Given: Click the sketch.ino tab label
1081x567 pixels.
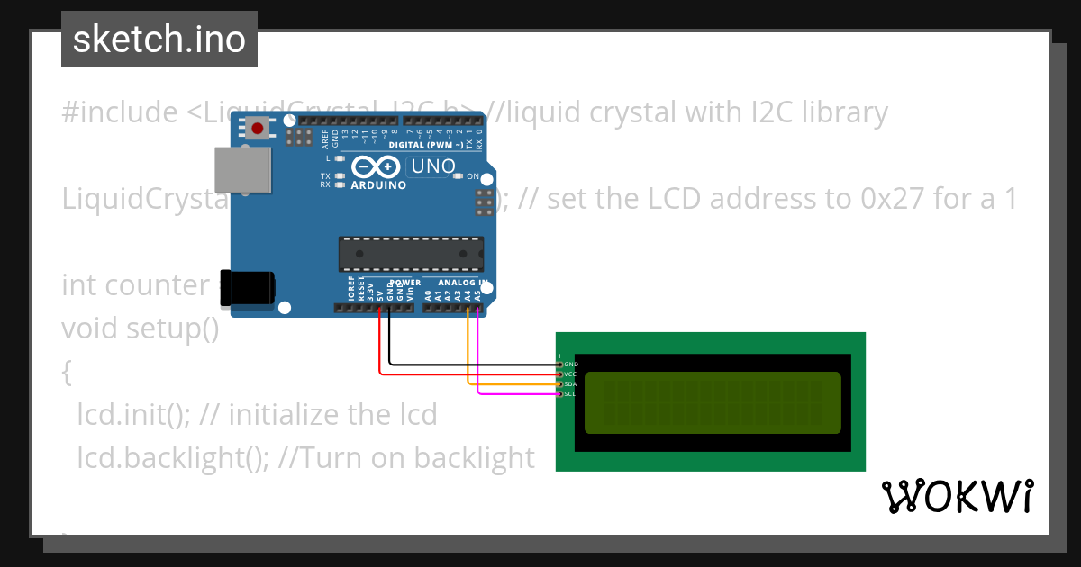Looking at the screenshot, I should coord(159,40).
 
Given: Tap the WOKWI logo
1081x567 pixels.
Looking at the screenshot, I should coord(957,496).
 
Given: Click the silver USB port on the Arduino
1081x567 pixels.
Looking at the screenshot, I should coord(242,170).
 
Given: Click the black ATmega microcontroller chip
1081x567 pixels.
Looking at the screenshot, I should coord(411,254).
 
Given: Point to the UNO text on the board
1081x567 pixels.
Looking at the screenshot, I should coord(432,166).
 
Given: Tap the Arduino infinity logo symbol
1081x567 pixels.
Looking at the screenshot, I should coord(376,166).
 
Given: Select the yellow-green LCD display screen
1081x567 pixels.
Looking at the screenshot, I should coord(712,402).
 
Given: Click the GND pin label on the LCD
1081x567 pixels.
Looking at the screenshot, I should coord(571,364).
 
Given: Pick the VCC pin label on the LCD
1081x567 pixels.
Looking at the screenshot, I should coord(571,374).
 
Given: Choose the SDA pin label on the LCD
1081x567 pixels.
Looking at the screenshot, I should coord(571,384).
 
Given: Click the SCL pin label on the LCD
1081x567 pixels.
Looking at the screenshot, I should coord(571,394).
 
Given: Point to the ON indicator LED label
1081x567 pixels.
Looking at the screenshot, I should coord(474,176).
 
